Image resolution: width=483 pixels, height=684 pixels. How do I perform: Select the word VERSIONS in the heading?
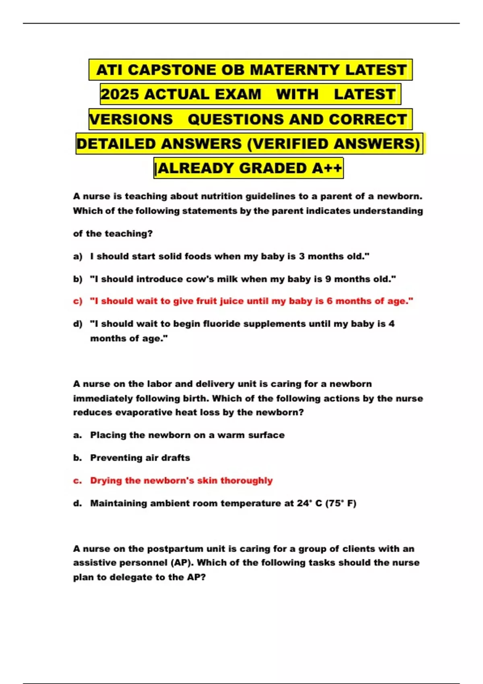(131, 119)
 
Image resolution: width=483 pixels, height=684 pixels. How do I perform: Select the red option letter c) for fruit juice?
(78, 301)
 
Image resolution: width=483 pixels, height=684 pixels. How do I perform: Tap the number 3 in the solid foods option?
(301, 256)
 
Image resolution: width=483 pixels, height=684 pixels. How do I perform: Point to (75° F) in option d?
(341, 503)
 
